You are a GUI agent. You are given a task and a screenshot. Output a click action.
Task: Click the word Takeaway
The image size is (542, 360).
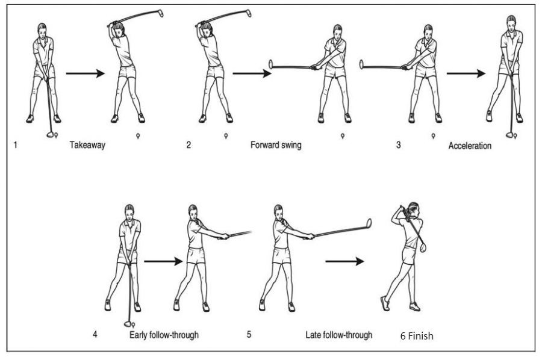pos(87,145)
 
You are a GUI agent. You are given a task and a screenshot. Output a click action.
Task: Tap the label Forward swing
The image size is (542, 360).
pos(276,145)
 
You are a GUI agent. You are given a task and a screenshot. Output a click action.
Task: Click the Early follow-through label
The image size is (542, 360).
pos(164,334)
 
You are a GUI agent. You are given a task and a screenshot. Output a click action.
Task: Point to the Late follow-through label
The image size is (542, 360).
pos(338,334)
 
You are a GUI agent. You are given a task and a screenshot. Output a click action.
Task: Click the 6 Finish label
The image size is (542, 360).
pos(417,335)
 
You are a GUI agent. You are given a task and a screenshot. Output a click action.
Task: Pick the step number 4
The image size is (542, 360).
pos(95,334)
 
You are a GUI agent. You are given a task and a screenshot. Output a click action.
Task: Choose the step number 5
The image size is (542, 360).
pos(249,334)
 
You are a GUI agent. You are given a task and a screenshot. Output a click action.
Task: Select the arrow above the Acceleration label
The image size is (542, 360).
pos(466,74)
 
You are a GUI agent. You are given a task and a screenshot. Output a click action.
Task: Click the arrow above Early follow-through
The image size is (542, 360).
pos(163,261)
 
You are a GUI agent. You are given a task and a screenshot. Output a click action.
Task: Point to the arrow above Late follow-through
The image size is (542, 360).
pos(344,261)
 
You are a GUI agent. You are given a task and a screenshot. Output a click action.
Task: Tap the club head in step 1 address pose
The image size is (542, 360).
pos(50,135)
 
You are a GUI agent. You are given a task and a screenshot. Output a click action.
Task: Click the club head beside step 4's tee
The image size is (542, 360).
pos(127,324)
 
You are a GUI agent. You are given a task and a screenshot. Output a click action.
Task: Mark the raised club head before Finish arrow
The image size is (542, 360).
pos(368,223)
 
